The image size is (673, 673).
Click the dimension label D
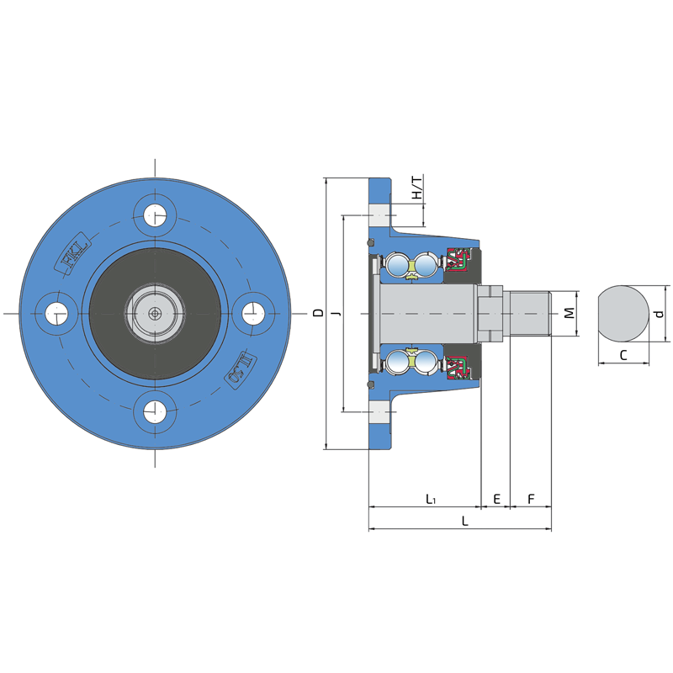point(318,312)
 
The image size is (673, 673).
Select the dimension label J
point(337,313)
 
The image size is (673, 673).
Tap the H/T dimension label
point(416,187)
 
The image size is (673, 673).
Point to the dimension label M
point(570,313)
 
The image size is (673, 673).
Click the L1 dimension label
point(431,499)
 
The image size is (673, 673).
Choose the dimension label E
point(496,499)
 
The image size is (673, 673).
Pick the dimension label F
point(531,499)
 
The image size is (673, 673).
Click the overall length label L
point(465,521)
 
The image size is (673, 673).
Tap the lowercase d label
point(660,314)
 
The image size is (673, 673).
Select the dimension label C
point(623,355)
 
